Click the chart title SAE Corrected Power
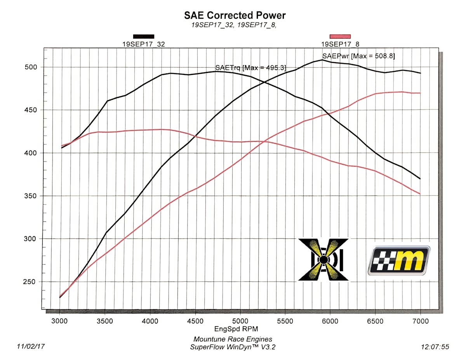tap(235, 16)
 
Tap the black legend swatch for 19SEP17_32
tap(144, 37)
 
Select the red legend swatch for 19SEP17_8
tap(340, 37)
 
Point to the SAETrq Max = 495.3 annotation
tap(250, 68)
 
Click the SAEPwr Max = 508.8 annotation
tap(358, 56)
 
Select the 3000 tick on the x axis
tap(60, 322)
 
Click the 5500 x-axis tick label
tap(285, 322)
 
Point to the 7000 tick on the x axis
tap(420, 322)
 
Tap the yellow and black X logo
tap(323, 259)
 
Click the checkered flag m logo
tap(399, 260)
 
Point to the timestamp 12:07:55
tap(435, 346)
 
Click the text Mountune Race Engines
tap(233, 339)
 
